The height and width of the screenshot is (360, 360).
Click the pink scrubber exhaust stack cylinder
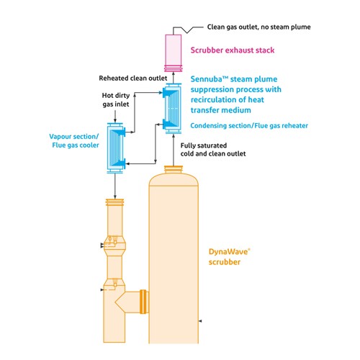(173, 53)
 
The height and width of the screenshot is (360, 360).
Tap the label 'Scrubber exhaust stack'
(233, 50)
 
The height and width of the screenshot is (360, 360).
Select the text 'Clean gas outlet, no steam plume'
(258, 27)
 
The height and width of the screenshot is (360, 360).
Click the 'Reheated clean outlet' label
(133, 78)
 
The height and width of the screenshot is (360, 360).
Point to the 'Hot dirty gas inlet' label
(116, 99)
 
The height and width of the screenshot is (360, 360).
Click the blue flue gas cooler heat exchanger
(116, 148)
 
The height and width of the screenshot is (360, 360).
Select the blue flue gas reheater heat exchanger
(173, 108)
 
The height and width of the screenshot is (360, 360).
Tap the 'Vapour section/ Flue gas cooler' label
(74, 141)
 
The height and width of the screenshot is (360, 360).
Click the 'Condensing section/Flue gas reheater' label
(249, 125)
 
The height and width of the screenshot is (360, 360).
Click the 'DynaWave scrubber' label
(229, 256)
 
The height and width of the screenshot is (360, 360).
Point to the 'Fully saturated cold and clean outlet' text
(213, 150)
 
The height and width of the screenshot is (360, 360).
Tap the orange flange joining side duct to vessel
(143, 302)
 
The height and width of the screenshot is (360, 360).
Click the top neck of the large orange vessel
(174, 169)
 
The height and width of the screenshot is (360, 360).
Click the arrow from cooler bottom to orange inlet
(115, 186)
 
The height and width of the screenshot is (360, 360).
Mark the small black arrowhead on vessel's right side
(200, 321)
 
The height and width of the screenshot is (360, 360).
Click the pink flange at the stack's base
(174, 68)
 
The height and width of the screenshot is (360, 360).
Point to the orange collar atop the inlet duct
(114, 202)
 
